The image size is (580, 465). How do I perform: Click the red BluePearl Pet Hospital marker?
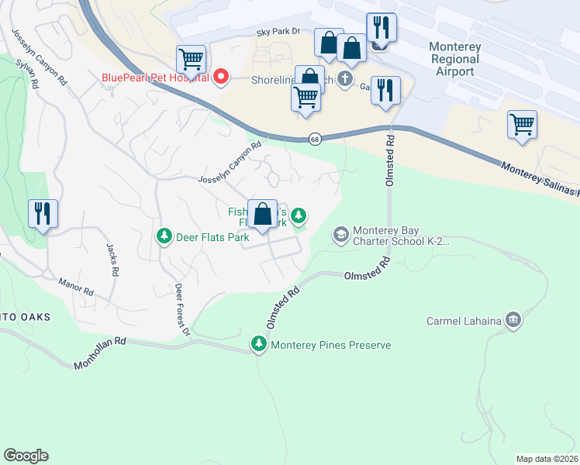(220, 77)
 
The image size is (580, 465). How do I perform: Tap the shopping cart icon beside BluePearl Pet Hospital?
(191, 59)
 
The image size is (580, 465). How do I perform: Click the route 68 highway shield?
(314, 139)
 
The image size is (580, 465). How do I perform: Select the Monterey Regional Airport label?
(455, 59)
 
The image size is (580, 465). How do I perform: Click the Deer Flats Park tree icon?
(164, 236)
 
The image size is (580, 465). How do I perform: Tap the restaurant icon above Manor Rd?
(43, 213)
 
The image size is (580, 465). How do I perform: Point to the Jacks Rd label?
(113, 259)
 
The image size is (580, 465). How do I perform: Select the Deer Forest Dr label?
(182, 310)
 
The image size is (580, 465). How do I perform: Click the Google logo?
(26, 456)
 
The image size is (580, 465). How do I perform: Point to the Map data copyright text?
(547, 459)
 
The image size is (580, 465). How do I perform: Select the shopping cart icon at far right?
(523, 125)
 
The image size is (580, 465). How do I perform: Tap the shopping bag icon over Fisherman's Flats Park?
(263, 213)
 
